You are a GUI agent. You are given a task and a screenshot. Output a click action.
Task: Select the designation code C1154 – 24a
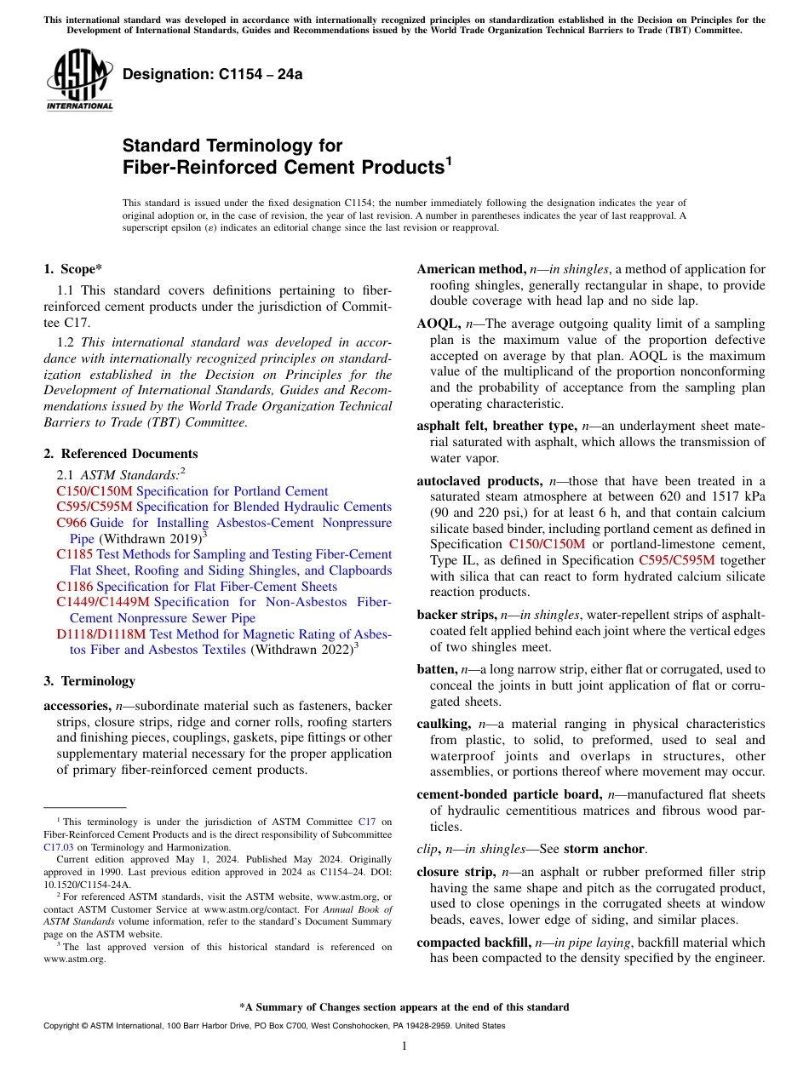coord(212,74)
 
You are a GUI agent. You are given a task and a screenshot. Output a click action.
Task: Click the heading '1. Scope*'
coord(74,269)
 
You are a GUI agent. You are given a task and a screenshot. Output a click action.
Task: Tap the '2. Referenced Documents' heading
coord(120,454)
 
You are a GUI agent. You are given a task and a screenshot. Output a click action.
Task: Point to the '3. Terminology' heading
coord(89,681)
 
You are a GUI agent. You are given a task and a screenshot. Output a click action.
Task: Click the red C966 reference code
coord(72,522)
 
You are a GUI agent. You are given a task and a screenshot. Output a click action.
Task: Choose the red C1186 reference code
coord(75,587)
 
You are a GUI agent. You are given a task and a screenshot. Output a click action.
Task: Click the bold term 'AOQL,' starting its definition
coord(439,324)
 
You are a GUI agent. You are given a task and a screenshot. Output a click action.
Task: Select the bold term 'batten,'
coord(438,670)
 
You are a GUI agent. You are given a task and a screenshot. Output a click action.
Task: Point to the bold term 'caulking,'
coord(444,724)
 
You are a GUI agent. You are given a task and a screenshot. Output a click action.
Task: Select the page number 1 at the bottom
coord(404,1046)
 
